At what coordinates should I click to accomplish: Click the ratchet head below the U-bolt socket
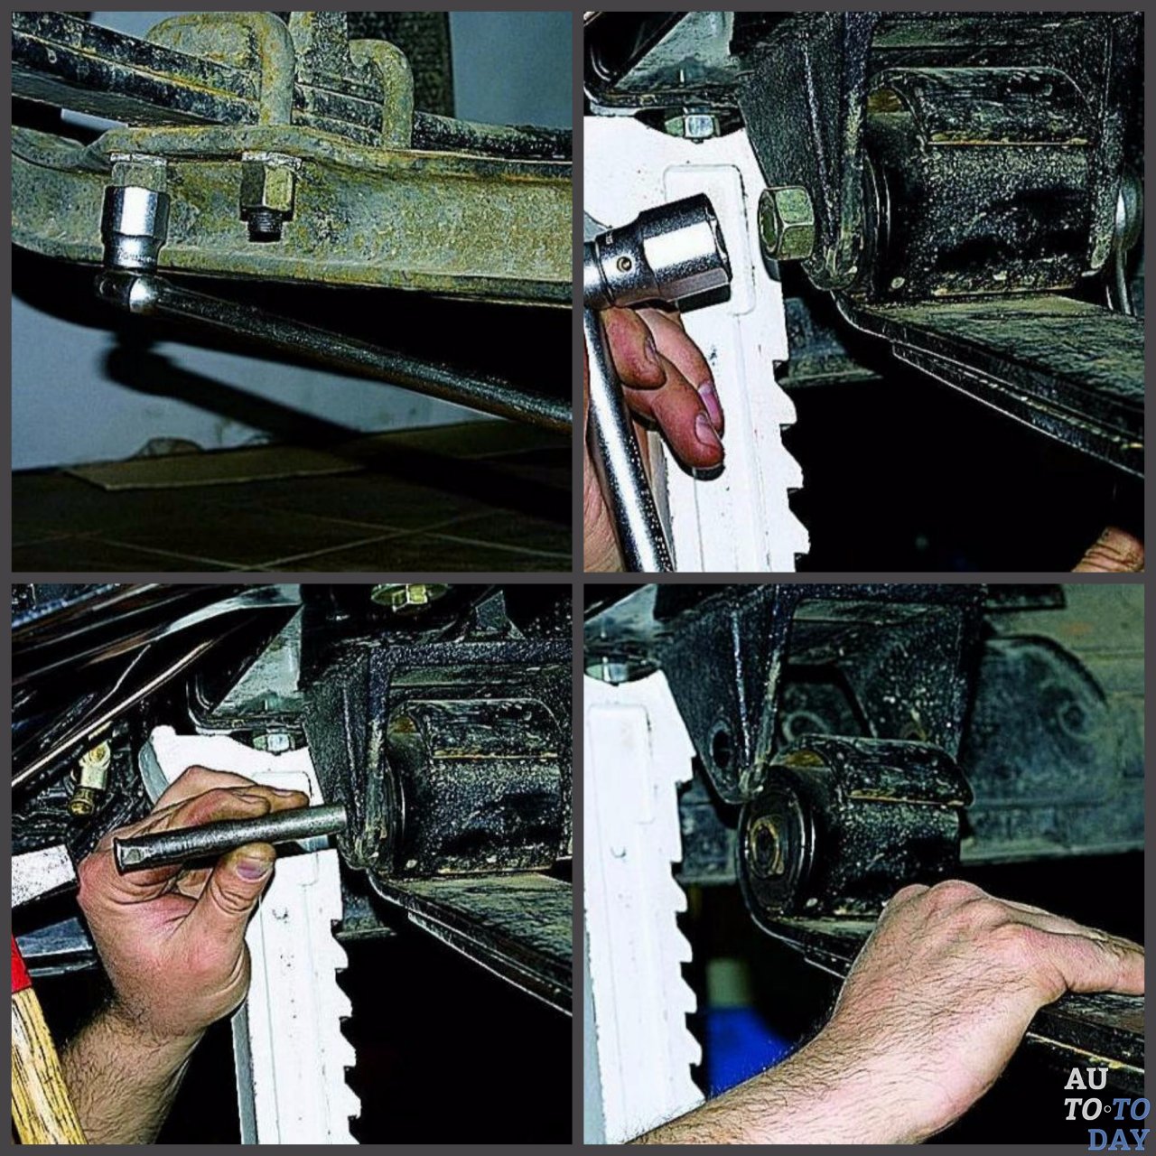pyautogui.click(x=128, y=293)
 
